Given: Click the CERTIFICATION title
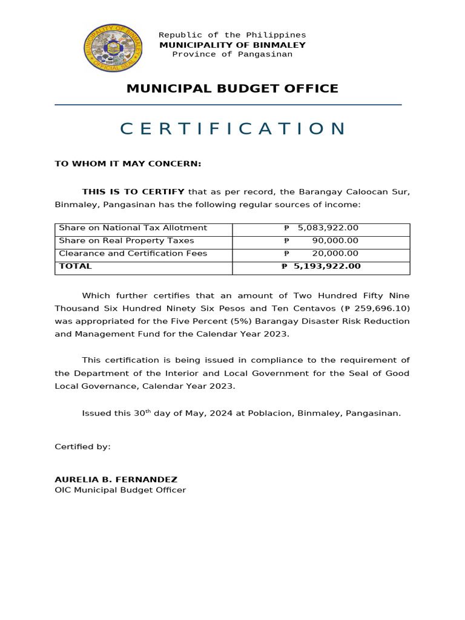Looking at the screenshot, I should tap(232, 129).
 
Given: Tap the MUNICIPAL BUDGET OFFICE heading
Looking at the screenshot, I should tap(232, 89).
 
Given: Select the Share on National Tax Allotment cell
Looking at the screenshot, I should tap(133, 228).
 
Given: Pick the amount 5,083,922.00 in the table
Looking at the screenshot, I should tap(328, 228).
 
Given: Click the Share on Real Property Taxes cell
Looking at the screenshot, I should tap(127, 241).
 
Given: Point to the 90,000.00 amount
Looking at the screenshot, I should tap(335, 241).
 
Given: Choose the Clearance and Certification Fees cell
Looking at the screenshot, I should tap(133, 254).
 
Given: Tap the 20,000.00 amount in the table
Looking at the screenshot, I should tap(335, 254).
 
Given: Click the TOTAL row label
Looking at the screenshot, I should tap(76, 266).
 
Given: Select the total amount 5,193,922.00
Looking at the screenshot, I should tap(327, 266).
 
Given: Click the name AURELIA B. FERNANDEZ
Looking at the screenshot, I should tap(116, 480).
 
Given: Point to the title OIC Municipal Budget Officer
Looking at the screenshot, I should tap(120, 490).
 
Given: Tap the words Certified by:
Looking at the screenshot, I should tap(83, 447).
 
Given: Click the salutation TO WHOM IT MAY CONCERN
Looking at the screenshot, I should tap(128, 163).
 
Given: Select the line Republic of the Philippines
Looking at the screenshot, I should tap(232, 35).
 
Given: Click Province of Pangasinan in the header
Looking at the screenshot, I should tap(232, 54).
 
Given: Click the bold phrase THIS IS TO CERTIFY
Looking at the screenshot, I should tap(133, 192).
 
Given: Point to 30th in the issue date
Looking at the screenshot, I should tap(142, 413).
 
